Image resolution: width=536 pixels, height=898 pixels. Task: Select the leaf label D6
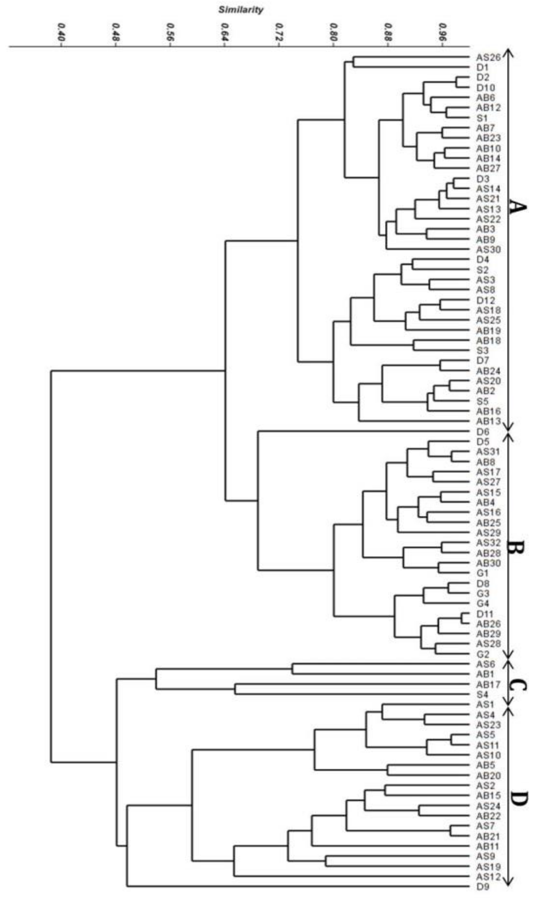pos(482,431)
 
